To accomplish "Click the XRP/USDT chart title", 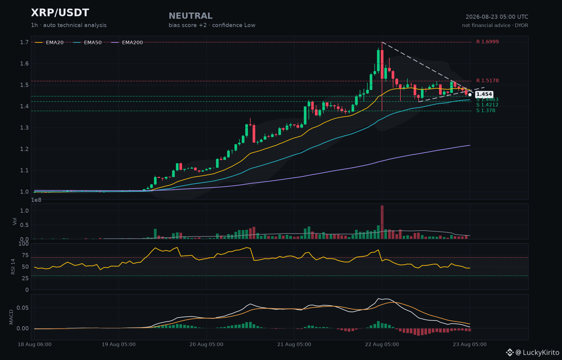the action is point(60,13).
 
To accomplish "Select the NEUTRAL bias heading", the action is point(191,16).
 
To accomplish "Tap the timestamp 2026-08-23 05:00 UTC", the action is point(497,17).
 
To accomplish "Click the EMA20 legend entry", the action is point(49,42).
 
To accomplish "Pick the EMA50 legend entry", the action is point(87,42).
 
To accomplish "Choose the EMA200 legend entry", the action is point(127,42).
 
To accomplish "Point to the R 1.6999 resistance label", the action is point(487,42).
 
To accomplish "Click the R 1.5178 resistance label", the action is point(487,81).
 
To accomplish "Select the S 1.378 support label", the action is point(486,111).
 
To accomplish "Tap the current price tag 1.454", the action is point(484,94).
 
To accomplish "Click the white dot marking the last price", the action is point(470,95).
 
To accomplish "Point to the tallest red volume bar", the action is point(382,222).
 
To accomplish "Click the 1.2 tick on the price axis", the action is point(24,149).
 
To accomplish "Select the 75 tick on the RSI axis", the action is point(25,255).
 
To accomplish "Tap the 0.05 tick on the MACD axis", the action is point(23,308).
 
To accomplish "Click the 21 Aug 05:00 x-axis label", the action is point(294,344).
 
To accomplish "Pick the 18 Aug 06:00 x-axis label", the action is point(35,344).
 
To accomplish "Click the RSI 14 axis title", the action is point(13,267).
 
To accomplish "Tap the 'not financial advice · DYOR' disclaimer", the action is point(495,25).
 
